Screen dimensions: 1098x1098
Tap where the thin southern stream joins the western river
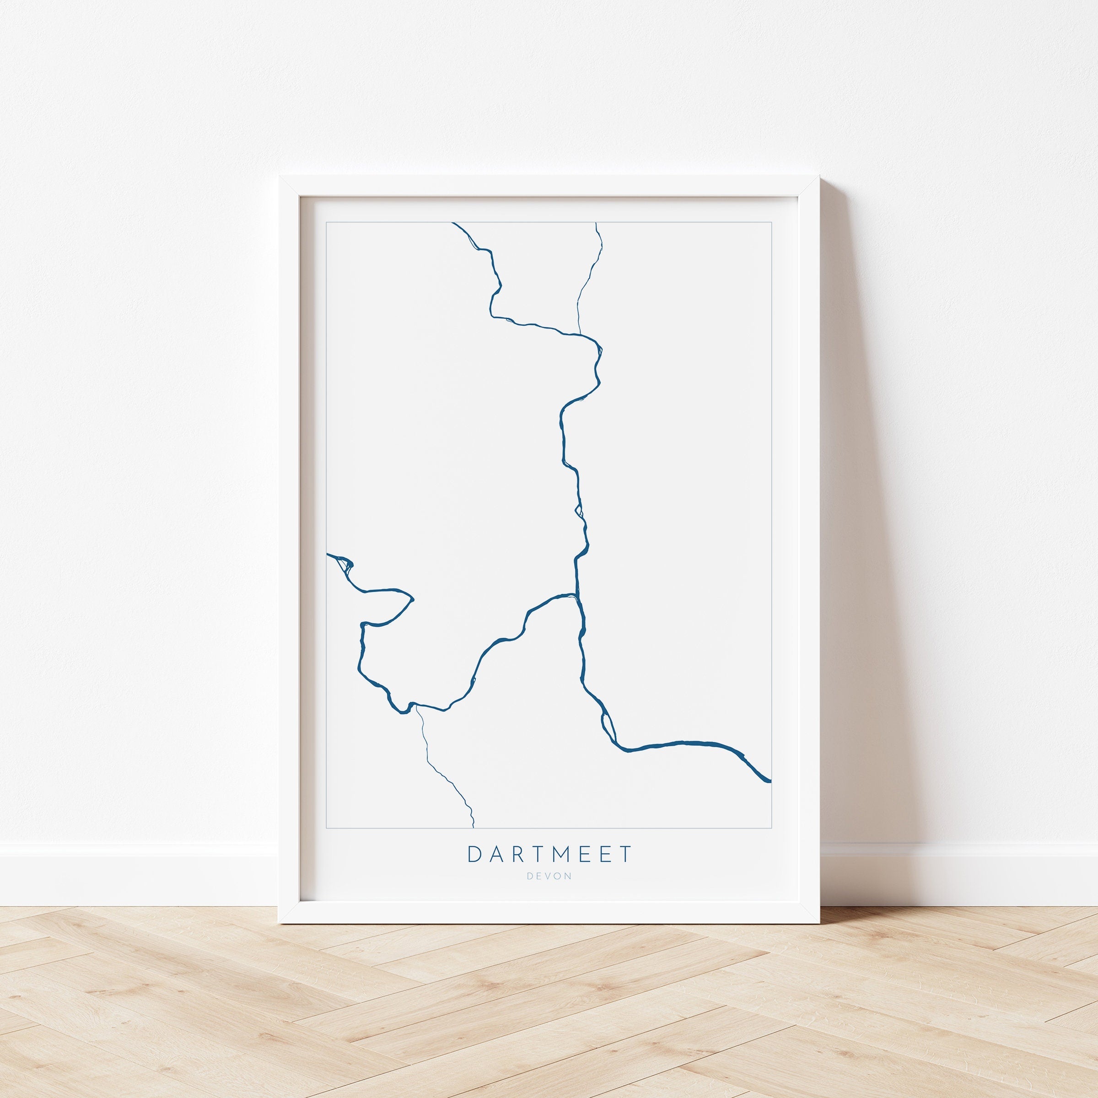pos(417,706)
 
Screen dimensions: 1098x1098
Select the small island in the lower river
pos(607,725)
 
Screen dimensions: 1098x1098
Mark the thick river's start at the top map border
pos(453,223)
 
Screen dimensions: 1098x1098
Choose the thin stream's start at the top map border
pos(596,223)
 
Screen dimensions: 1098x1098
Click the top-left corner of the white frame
pos(279,177)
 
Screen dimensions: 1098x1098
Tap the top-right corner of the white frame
pos(820,177)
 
